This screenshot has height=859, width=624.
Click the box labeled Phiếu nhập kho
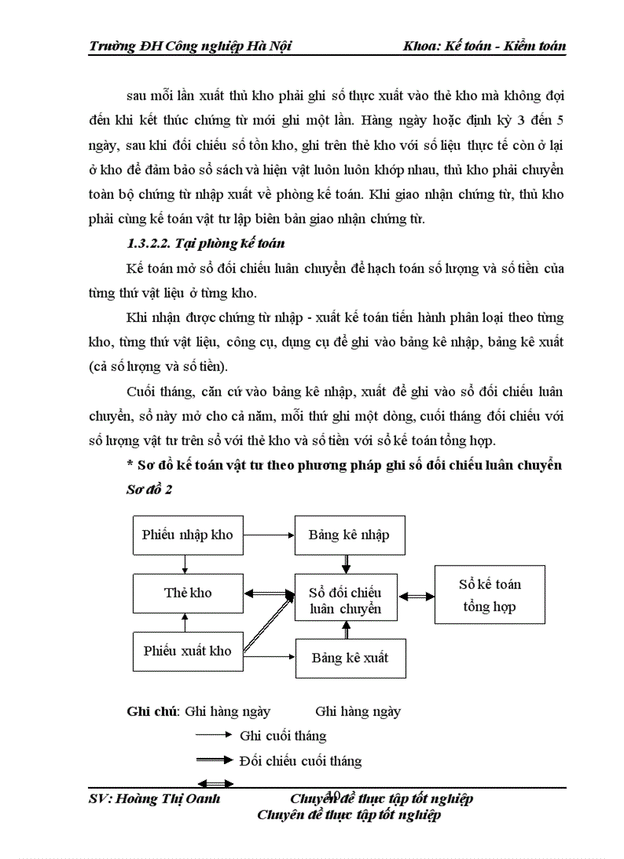tap(187, 535)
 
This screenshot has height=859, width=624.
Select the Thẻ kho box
tap(187, 593)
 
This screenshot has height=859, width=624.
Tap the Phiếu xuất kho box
tap(187, 651)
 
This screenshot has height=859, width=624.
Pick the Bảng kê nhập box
tap(349, 535)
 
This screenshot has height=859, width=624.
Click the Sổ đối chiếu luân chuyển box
tap(345, 600)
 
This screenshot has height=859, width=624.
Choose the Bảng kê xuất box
tap(350, 658)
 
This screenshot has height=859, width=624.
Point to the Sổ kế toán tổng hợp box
tap(489, 594)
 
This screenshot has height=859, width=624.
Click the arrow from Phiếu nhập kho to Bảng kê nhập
tap(269, 535)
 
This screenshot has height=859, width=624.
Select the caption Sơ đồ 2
tap(149, 490)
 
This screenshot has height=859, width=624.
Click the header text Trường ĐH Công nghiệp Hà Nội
tap(190, 46)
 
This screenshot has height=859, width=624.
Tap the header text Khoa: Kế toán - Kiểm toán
tap(484, 46)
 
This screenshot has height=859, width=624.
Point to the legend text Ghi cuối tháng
tap(283, 736)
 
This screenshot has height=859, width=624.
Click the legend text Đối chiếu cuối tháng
tap(300, 761)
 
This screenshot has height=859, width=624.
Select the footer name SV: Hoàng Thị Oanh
tap(154, 799)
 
